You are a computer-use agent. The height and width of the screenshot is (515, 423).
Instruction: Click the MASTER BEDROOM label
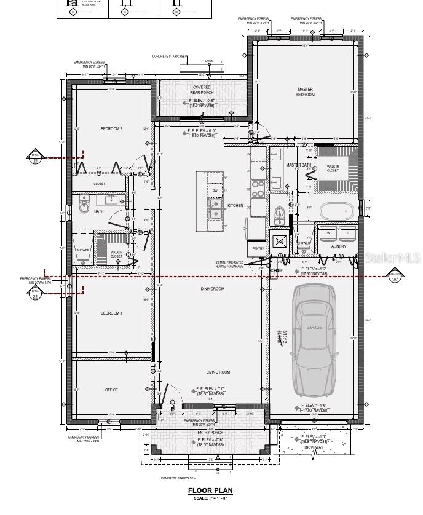305,92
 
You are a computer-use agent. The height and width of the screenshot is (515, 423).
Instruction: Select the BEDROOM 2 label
111,128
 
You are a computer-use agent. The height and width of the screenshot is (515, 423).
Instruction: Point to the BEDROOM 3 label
111,313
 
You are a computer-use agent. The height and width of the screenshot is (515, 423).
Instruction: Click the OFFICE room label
111,390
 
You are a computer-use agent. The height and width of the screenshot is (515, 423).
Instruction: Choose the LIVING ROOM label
218,372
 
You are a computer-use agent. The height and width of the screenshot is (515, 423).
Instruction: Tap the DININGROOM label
212,288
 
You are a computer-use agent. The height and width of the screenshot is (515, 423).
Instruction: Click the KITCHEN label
235,205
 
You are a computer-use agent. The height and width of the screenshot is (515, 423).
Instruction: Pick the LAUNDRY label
338,246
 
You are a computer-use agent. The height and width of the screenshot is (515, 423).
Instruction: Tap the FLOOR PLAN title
210,490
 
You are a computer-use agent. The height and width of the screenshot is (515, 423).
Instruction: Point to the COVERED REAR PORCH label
202,90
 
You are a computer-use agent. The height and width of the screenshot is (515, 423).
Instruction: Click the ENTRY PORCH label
211,432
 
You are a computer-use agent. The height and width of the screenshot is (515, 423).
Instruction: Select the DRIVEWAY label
314,447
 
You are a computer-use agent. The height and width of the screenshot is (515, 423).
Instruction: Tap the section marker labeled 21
35,158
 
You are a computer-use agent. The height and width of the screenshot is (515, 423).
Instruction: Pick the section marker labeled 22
35,293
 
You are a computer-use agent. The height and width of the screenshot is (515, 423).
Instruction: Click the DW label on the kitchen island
215,191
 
